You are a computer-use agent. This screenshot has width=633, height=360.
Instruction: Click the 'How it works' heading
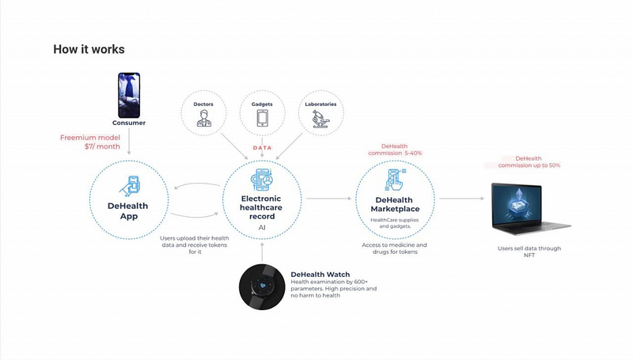click(x=89, y=49)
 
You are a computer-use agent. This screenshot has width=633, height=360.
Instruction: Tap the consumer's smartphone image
click(x=129, y=95)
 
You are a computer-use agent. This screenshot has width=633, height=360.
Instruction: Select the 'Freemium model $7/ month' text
click(x=90, y=142)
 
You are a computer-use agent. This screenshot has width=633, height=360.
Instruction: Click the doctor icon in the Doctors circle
click(x=203, y=119)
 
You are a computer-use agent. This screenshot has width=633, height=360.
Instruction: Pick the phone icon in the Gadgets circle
click(x=262, y=118)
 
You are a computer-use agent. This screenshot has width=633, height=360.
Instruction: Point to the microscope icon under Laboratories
click(x=321, y=119)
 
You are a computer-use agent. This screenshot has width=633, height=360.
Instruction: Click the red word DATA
click(x=263, y=148)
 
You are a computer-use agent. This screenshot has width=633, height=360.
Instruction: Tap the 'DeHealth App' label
click(x=128, y=210)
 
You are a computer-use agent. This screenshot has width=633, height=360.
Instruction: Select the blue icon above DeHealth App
click(x=130, y=186)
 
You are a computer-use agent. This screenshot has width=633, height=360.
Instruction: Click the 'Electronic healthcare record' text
click(x=261, y=207)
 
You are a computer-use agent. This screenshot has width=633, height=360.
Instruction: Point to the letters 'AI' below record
click(x=262, y=228)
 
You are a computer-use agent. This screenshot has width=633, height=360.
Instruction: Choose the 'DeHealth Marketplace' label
click(x=395, y=204)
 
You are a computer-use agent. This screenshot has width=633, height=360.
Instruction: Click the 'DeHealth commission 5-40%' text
click(x=395, y=150)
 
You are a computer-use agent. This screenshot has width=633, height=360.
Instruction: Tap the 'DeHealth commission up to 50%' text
click(x=529, y=162)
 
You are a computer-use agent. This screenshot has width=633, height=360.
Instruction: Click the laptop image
click(x=530, y=209)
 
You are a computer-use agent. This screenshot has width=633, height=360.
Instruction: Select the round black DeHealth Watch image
click(x=262, y=287)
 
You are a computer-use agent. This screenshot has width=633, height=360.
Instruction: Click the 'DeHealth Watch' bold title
click(x=320, y=275)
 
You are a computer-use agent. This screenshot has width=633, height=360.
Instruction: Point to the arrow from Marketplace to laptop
click(x=461, y=199)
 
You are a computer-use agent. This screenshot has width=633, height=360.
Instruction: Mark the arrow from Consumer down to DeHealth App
click(x=129, y=142)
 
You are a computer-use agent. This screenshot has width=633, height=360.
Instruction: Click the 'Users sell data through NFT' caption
click(x=529, y=252)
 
